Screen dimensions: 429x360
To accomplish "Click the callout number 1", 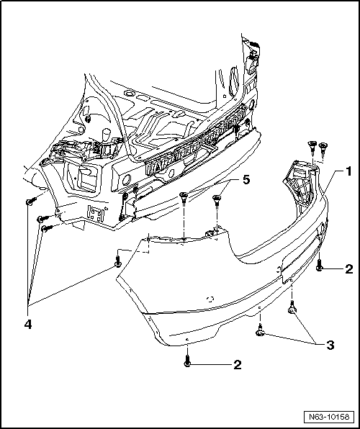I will pos(347,171).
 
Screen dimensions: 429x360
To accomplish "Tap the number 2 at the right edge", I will pos(348,269).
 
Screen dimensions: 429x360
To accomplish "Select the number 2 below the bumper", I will pos(236,365).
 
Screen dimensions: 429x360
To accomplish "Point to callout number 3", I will pos(330,345).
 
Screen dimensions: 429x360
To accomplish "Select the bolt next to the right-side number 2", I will pos(320,266).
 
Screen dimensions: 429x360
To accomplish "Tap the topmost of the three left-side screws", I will pos(30,202).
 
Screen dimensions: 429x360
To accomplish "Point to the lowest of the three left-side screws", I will pos(46,228).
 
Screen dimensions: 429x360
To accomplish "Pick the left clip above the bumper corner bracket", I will pos(312,147).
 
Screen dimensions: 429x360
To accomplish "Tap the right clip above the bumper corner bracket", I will pos(323,148).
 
